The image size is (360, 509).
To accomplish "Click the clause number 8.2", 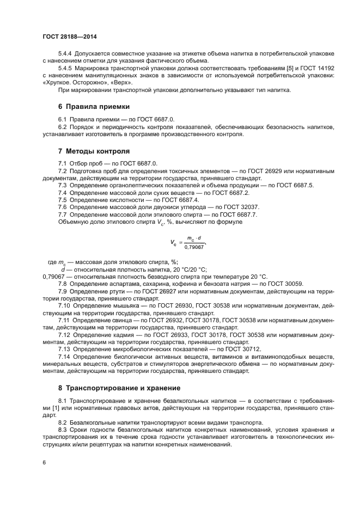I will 63,422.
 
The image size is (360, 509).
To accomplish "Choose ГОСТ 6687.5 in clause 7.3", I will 296,186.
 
